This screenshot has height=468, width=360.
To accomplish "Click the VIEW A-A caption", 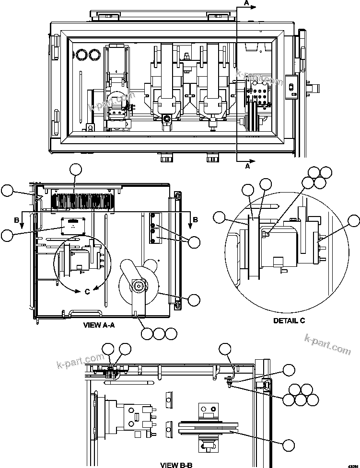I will (x=99, y=325).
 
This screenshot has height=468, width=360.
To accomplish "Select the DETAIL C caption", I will (x=289, y=320).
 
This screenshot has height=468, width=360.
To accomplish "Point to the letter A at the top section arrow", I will (x=247, y=2).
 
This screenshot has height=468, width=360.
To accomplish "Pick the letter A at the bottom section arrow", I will (x=247, y=167).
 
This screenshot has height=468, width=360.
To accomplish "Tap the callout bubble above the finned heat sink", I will (x=76, y=169).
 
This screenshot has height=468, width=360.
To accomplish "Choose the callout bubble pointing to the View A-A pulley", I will (x=194, y=300).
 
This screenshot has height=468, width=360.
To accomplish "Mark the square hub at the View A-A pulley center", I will (x=139, y=287).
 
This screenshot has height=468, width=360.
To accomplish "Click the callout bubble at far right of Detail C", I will (x=354, y=221).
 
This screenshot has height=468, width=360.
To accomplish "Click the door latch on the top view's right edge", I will (x=290, y=87).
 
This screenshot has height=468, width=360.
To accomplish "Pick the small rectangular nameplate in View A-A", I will (x=73, y=224).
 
